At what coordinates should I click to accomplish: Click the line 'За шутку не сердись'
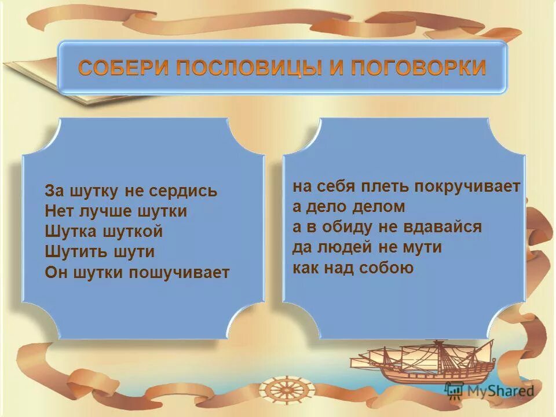click(131, 191)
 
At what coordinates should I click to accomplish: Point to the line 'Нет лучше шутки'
click(116, 211)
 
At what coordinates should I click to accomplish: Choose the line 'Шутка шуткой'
click(104, 232)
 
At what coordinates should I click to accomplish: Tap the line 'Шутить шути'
click(100, 252)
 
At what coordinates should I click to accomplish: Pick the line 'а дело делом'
click(349, 207)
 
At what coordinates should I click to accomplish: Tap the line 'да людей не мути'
click(367, 247)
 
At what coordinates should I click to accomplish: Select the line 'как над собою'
click(353, 268)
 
